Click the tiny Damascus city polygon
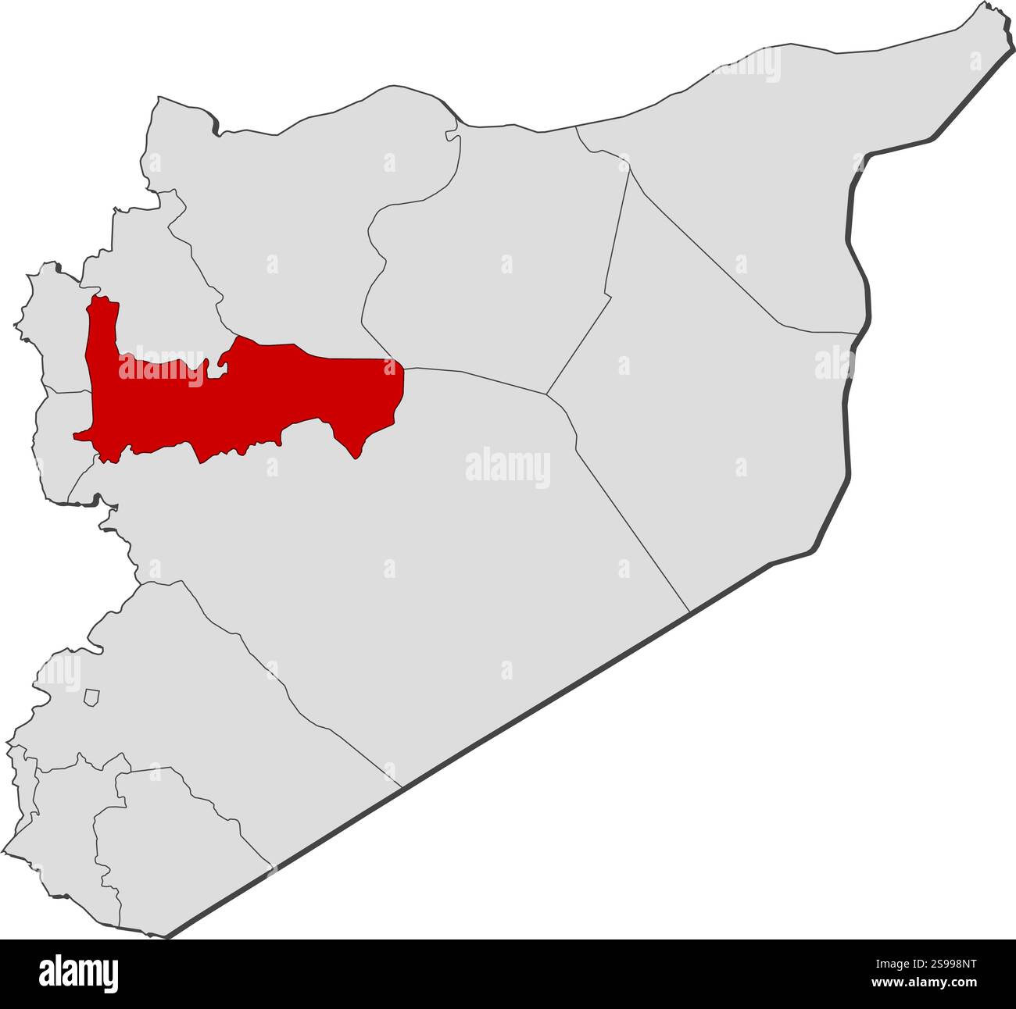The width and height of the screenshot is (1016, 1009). [x=92, y=697]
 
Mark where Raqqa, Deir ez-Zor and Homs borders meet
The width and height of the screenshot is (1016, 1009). [x=546, y=394]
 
